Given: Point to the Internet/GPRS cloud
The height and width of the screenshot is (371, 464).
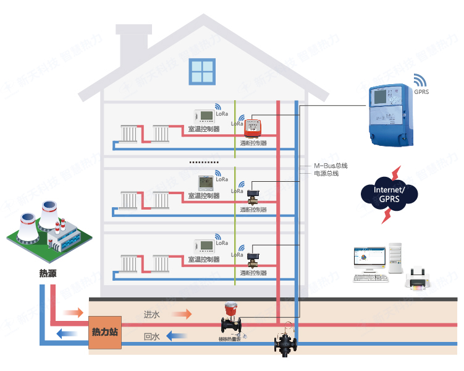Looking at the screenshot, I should point(389,193).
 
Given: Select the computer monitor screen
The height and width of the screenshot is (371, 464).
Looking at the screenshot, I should point(369,257).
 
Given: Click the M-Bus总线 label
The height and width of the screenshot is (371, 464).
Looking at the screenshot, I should point(331,166).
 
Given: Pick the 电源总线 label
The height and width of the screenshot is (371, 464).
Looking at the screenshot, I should point(326,174).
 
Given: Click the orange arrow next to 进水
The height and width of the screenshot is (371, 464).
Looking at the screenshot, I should point(181,315).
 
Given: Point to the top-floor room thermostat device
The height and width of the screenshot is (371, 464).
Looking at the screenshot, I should point(203,116).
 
